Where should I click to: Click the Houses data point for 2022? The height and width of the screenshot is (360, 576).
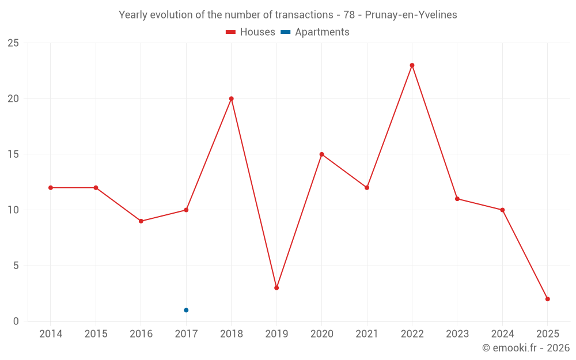click(412, 65)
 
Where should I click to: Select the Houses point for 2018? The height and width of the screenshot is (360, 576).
click(231, 98)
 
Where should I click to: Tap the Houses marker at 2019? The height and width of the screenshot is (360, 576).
click(276, 288)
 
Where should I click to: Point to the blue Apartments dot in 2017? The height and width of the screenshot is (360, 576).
click(186, 310)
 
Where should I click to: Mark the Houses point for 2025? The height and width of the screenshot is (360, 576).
click(548, 299)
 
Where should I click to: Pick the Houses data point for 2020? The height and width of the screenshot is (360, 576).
click(321, 154)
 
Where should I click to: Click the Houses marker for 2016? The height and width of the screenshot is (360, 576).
click(141, 221)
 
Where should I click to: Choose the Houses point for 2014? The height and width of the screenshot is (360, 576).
click(51, 188)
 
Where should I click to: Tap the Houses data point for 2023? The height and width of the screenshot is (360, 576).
click(457, 199)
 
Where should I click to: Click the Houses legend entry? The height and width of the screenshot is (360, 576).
click(251, 32)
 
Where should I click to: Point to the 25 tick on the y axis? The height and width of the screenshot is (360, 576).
click(13, 43)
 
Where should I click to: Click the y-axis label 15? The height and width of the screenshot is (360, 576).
click(13, 154)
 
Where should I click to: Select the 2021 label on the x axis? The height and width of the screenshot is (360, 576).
click(367, 334)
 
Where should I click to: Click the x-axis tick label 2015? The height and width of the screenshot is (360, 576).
click(96, 334)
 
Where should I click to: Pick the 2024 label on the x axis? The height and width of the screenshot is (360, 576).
click(502, 334)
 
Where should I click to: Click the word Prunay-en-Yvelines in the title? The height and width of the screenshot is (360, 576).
click(411, 15)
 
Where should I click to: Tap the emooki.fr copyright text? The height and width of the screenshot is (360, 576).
click(526, 348)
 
